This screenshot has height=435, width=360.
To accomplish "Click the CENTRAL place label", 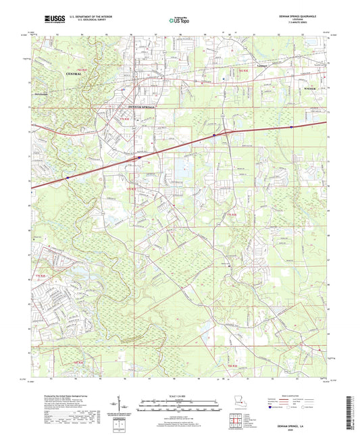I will (x=77, y=72).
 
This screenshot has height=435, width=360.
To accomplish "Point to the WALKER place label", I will (x=310, y=88).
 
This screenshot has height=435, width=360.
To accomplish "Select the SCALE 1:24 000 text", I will (x=180, y=395).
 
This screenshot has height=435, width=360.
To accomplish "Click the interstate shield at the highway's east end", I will (x=291, y=126).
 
